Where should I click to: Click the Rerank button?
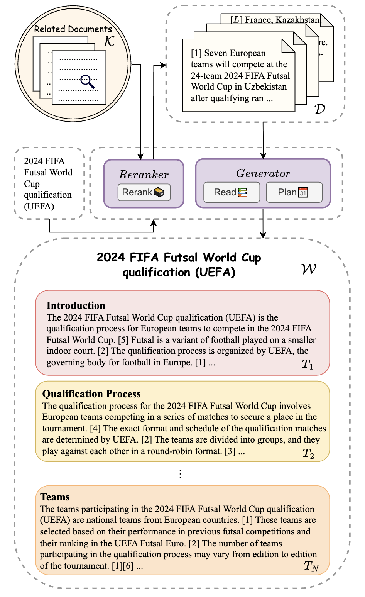(144, 192)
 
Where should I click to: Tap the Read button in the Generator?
(232, 192)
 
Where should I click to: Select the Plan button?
(294, 192)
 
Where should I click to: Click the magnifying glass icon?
(87, 81)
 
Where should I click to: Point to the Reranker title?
(144, 174)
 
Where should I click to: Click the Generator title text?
(263, 173)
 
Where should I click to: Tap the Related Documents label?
(73, 29)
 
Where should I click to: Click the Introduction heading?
(76, 305)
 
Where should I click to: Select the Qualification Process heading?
(91, 394)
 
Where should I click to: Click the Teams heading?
(55, 497)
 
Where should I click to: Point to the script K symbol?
(109, 41)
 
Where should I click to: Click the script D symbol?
(319, 109)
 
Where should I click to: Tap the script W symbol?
(309, 269)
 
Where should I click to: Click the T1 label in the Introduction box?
(307, 364)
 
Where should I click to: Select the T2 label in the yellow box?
(308, 453)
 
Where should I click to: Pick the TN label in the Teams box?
(311, 566)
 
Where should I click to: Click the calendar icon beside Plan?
(303, 192)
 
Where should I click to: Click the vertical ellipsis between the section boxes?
(181, 474)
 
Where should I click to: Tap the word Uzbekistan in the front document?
(265, 87)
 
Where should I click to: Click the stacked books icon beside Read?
(242, 192)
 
